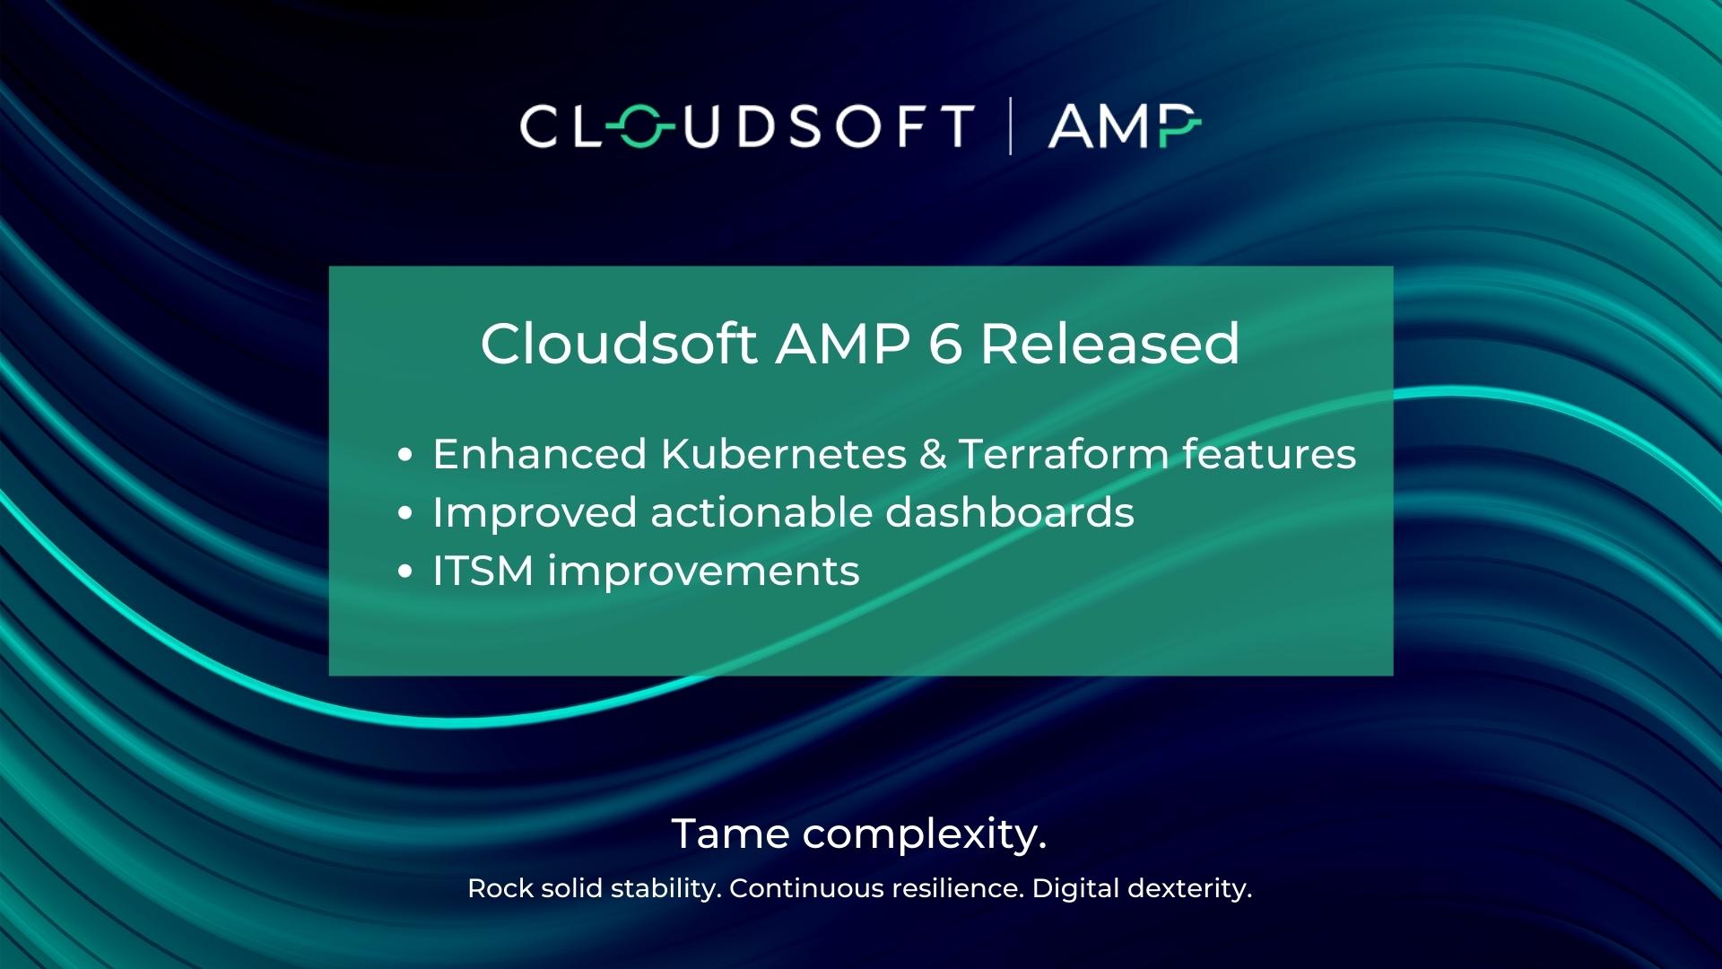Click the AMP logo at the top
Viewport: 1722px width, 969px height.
1124,126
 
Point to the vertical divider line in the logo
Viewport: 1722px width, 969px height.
1011,127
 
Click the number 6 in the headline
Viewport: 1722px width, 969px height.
944,344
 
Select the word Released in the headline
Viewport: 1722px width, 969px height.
1109,344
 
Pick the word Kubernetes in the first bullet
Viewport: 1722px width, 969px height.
783,454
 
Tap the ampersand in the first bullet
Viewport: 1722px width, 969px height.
933,454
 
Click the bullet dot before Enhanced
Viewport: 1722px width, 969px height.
404,456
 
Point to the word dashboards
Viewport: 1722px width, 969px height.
1010,512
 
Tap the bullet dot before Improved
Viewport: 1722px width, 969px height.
404,514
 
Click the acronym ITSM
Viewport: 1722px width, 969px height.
483,571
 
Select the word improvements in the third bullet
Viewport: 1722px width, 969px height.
703,572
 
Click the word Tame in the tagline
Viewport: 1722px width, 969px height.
730,834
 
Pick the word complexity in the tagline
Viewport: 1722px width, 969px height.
924,835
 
